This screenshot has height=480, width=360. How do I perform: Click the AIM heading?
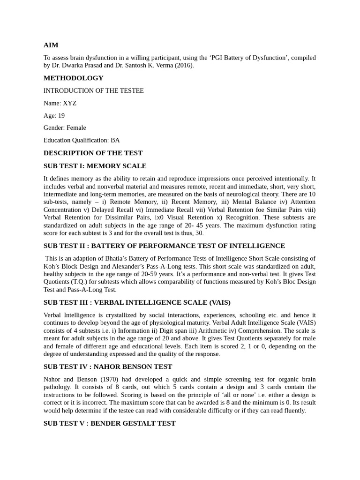pos(51,45)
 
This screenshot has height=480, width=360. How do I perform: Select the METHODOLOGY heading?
pos(74,78)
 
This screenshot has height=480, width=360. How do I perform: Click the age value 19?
pos(61,115)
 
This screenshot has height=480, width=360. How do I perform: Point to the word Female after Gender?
pos(76,127)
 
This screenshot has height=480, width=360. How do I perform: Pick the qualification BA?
pos(115,140)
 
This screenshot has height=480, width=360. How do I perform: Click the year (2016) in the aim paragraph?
pos(183,66)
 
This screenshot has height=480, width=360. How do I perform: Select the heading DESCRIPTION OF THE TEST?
pos(93,153)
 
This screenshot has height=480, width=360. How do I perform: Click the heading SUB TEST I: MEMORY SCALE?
pos(95,166)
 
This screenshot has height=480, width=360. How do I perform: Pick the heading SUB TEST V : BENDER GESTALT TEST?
pos(110,423)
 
